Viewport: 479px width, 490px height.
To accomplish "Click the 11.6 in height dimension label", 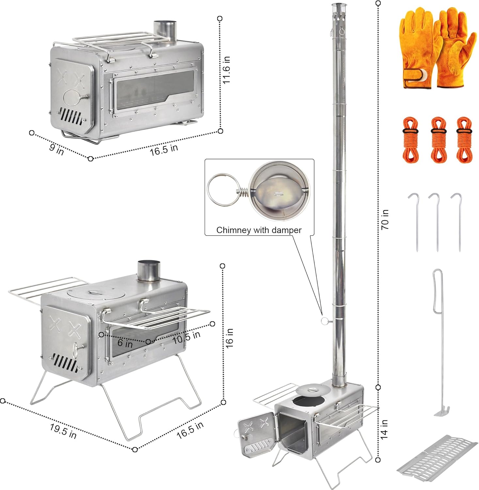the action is pyautogui.click(x=227, y=70).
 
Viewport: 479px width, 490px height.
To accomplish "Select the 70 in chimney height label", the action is pyautogui.click(x=385, y=220).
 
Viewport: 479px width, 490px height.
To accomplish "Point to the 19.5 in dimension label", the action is pyautogui.click(x=63, y=431).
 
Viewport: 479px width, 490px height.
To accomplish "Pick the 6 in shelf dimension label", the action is pyautogui.click(x=125, y=343).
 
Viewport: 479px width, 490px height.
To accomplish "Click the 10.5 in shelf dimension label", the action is pyautogui.click(x=186, y=337).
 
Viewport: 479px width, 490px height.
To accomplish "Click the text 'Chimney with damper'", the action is pyautogui.click(x=259, y=230).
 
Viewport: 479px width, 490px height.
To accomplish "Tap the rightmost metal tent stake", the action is pyautogui.click(x=459, y=222).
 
